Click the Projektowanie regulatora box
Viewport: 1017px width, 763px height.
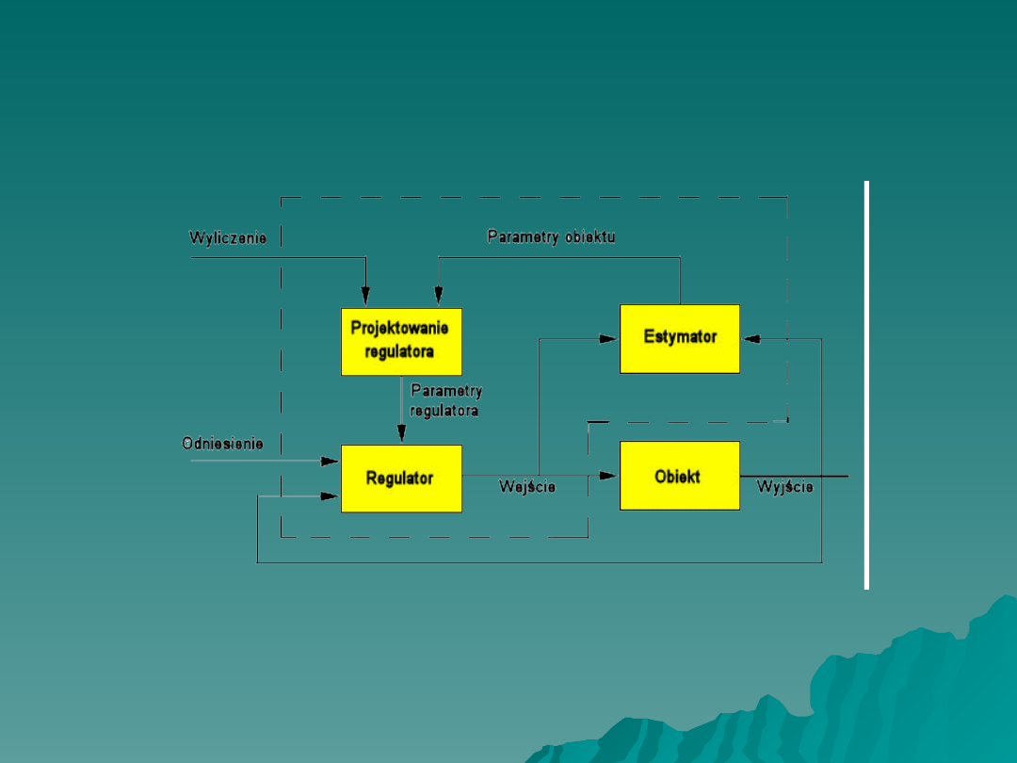(x=401, y=341)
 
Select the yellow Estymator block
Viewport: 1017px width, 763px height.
(x=679, y=338)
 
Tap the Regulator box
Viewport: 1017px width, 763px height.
(x=401, y=479)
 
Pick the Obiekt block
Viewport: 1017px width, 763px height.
(x=679, y=476)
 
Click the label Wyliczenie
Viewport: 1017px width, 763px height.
(x=228, y=238)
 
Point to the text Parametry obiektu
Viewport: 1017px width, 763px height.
(x=551, y=236)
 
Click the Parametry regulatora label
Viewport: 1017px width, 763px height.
(x=446, y=400)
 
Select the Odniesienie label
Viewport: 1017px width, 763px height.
(x=222, y=444)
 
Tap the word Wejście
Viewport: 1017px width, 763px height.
(x=526, y=487)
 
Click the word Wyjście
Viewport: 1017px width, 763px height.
(x=785, y=487)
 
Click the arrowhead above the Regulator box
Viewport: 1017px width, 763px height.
(x=401, y=434)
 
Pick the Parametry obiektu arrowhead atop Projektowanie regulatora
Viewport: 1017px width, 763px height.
(x=439, y=296)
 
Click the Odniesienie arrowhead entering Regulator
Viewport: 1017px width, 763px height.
(x=330, y=461)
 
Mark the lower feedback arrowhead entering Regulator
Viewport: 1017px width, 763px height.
(x=330, y=495)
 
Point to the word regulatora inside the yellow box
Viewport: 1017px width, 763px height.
(x=400, y=352)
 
